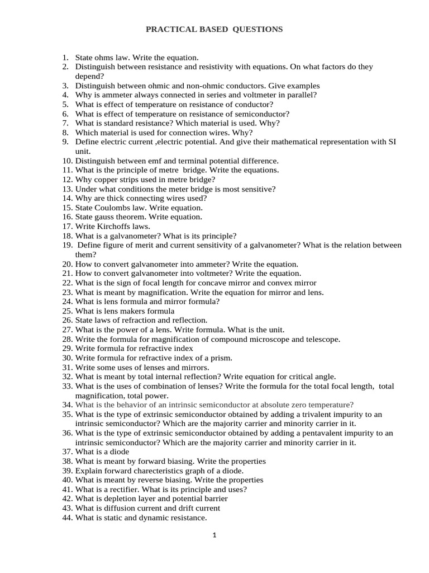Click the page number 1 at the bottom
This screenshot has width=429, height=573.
click(214, 536)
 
